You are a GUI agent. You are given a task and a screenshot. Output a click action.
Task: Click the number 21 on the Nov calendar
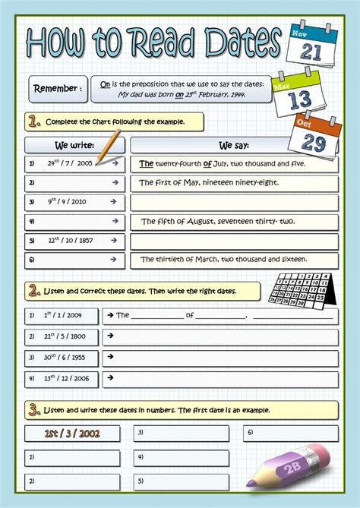[311, 51]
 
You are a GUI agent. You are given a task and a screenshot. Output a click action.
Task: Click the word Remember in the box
[57, 89]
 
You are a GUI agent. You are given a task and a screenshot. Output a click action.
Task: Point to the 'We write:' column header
[74, 144]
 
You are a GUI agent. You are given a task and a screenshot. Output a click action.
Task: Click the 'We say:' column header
[235, 144]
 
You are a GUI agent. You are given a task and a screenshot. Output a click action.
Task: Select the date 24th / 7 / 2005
[70, 162]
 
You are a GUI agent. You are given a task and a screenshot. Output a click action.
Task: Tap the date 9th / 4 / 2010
[68, 202]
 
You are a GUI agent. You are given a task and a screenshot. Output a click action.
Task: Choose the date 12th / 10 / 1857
[70, 241]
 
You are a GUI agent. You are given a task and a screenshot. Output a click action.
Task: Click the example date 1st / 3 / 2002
[72, 434]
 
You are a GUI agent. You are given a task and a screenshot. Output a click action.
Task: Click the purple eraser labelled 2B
[292, 472]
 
